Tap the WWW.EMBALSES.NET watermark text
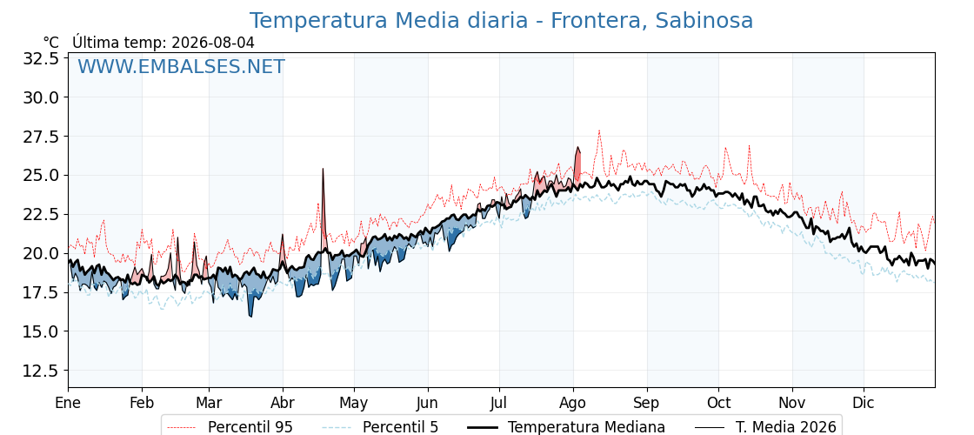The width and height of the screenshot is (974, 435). tap(182, 66)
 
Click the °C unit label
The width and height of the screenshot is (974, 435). tap(51, 43)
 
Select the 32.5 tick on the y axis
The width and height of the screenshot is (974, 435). tap(41, 58)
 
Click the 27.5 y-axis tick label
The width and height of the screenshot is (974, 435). tap(41, 136)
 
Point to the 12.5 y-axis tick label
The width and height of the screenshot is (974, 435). tap(41, 371)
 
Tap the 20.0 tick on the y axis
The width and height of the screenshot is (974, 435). tap(41, 253)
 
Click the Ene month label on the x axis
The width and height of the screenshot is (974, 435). tap(69, 403)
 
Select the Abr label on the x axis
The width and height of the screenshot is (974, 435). tap(283, 403)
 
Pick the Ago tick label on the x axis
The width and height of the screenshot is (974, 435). tap(573, 403)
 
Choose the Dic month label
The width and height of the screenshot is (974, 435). tap(864, 403)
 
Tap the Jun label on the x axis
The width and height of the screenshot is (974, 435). tap(427, 403)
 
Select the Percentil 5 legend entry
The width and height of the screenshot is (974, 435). tap(381, 427)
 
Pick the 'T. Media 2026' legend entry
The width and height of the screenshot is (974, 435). tap(765, 427)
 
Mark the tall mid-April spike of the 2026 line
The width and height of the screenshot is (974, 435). tap(323, 169)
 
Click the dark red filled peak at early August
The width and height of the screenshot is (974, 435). tap(577, 164)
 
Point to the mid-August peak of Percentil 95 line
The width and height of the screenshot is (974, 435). tap(599, 130)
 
